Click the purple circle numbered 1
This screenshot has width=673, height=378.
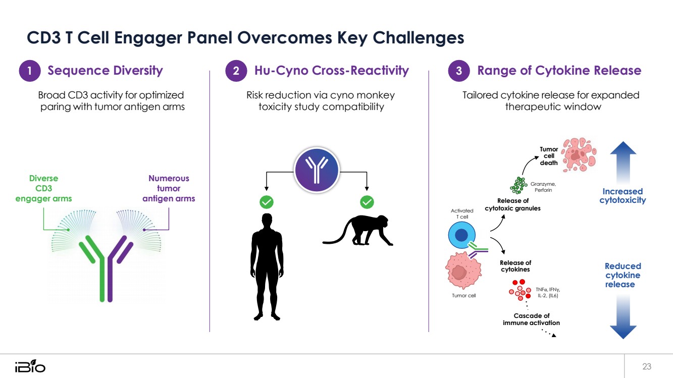click(30, 71)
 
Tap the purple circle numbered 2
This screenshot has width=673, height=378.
click(236, 71)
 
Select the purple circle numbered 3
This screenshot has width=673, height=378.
click(459, 71)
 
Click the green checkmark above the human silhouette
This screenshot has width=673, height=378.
click(267, 202)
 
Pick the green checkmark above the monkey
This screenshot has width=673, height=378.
click(367, 202)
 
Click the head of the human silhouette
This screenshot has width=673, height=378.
click(267, 221)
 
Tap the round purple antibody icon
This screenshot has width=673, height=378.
click(317, 170)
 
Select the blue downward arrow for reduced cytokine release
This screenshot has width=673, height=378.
click(623, 317)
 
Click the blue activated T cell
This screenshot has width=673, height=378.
click(462, 235)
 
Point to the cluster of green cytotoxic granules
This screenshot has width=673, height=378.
click(519, 185)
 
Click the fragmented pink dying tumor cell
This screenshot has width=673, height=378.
click(579, 154)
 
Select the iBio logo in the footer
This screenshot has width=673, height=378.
click(30, 366)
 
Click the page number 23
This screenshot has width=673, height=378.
click(647, 366)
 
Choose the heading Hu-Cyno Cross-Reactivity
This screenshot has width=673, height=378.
click(332, 71)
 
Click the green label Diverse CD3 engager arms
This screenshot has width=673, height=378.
click(43, 188)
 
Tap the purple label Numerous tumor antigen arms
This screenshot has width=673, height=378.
click(169, 188)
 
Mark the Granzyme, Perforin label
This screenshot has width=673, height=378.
click(543, 187)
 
